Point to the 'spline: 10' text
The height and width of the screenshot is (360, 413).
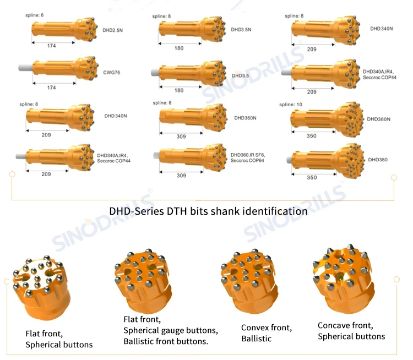(x=291, y=104)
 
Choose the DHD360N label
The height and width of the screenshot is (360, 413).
(x=245, y=118)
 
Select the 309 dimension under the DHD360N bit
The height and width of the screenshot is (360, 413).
(x=181, y=136)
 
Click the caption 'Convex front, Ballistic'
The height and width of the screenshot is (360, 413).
(x=266, y=333)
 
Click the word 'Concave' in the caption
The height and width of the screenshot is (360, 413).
(x=336, y=325)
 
